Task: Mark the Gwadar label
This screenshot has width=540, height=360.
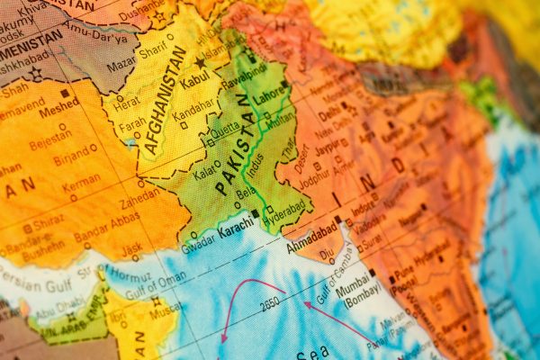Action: (x=197, y=243)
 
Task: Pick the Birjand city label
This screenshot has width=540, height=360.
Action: (x=73, y=158)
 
